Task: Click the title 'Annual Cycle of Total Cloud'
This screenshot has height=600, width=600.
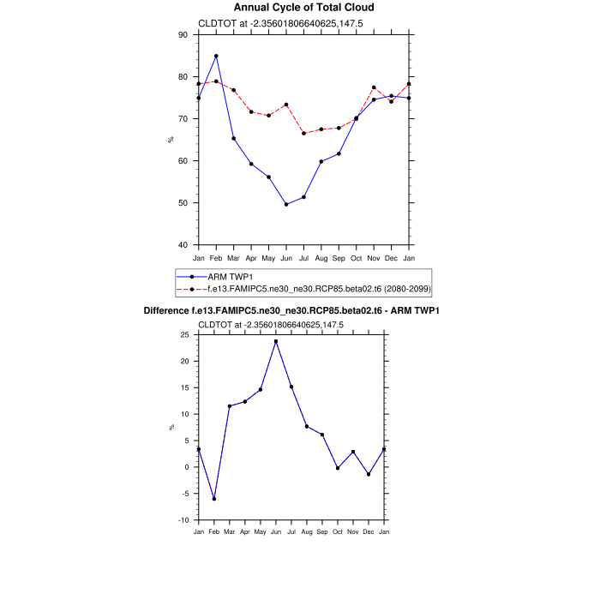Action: coord(303,8)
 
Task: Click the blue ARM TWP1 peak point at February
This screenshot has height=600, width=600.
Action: coord(216,56)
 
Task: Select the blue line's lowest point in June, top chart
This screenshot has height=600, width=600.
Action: coord(286,204)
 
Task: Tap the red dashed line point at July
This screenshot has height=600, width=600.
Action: coord(303,133)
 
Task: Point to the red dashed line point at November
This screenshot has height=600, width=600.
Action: coord(374,87)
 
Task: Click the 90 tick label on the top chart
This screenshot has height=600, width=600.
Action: coord(183,35)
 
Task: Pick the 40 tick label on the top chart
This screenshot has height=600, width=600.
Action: coord(183,245)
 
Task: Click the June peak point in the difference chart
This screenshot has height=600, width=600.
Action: coord(276,341)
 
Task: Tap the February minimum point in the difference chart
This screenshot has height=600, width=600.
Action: coord(214,499)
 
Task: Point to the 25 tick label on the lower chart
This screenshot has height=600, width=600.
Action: coord(183,335)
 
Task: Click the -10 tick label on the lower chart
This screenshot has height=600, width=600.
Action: coord(181,520)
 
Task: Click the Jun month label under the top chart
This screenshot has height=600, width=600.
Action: coord(286,258)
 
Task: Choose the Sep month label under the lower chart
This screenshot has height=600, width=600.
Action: coord(322,532)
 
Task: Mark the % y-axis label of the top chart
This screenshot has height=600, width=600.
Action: coord(171,140)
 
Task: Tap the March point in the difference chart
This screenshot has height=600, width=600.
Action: coord(230,406)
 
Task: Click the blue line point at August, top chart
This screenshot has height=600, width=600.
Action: coord(321,161)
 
